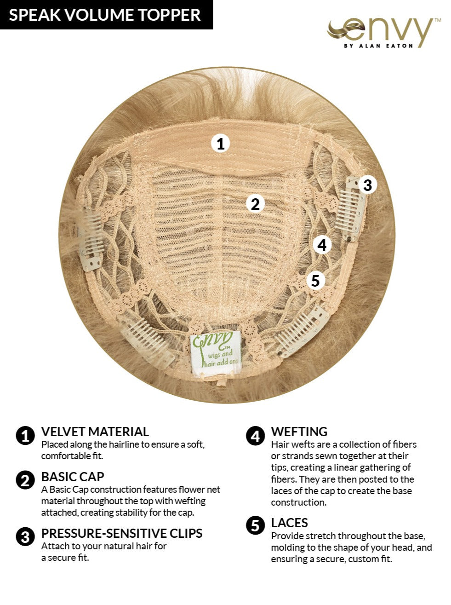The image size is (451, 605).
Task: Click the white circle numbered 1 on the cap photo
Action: [221, 144]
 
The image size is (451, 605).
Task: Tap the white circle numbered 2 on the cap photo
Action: [255, 204]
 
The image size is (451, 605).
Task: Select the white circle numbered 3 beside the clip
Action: [368, 184]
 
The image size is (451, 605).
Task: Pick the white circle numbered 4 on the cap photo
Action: [322, 245]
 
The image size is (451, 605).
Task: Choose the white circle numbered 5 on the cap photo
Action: [315, 281]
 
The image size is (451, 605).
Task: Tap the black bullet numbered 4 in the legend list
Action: [255, 436]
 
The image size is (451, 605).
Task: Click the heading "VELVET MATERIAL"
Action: [95, 432]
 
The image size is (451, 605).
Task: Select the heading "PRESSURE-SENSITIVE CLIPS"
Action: [122, 533]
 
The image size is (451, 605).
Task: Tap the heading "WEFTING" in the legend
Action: [299, 432]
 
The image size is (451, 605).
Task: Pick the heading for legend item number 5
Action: [289, 523]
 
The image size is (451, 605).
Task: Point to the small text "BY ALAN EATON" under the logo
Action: [378, 46]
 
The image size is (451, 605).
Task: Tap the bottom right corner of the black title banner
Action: [213, 29]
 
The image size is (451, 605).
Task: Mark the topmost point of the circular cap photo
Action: [227, 67]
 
